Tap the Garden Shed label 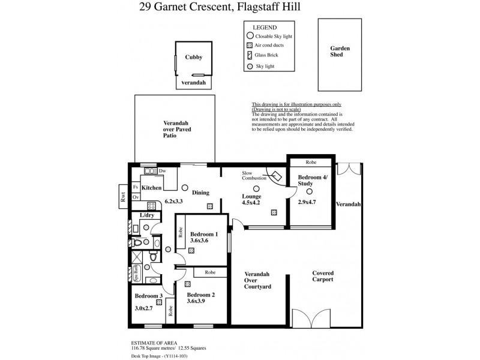click(340, 52)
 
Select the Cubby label click(193, 58)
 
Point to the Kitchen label click(153, 188)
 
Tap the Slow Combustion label click(253, 175)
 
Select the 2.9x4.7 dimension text click(307, 202)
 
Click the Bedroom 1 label click(204, 235)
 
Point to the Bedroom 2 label click(200, 295)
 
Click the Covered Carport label click(323, 277)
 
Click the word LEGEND click(264, 27)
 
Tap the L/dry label click(147, 215)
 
